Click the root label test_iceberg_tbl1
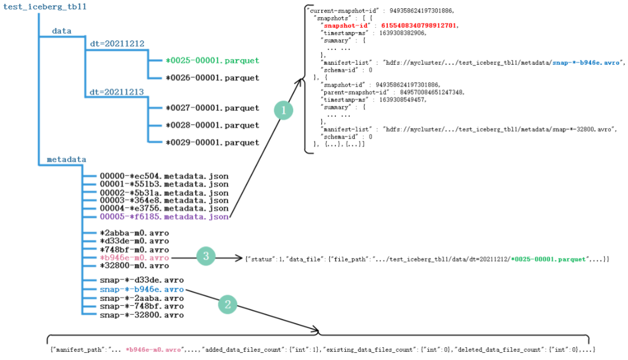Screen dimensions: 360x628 pos(45,7)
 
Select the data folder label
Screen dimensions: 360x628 pos(62,31)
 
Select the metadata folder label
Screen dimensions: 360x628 pos(66,160)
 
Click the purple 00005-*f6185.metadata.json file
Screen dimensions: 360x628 pos(164,217)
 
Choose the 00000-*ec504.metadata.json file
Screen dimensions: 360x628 pos(164,176)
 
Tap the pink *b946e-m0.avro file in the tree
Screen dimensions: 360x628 pos(134,258)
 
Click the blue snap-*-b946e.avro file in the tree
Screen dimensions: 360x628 pos(142,289)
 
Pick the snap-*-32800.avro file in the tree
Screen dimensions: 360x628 pos(142,315)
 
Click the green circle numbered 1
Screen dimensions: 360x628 pos(284,111)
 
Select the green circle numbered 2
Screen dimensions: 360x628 pos(227,304)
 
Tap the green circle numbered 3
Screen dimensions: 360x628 pos(206,256)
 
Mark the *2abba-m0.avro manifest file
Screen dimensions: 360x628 pos(134,233)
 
